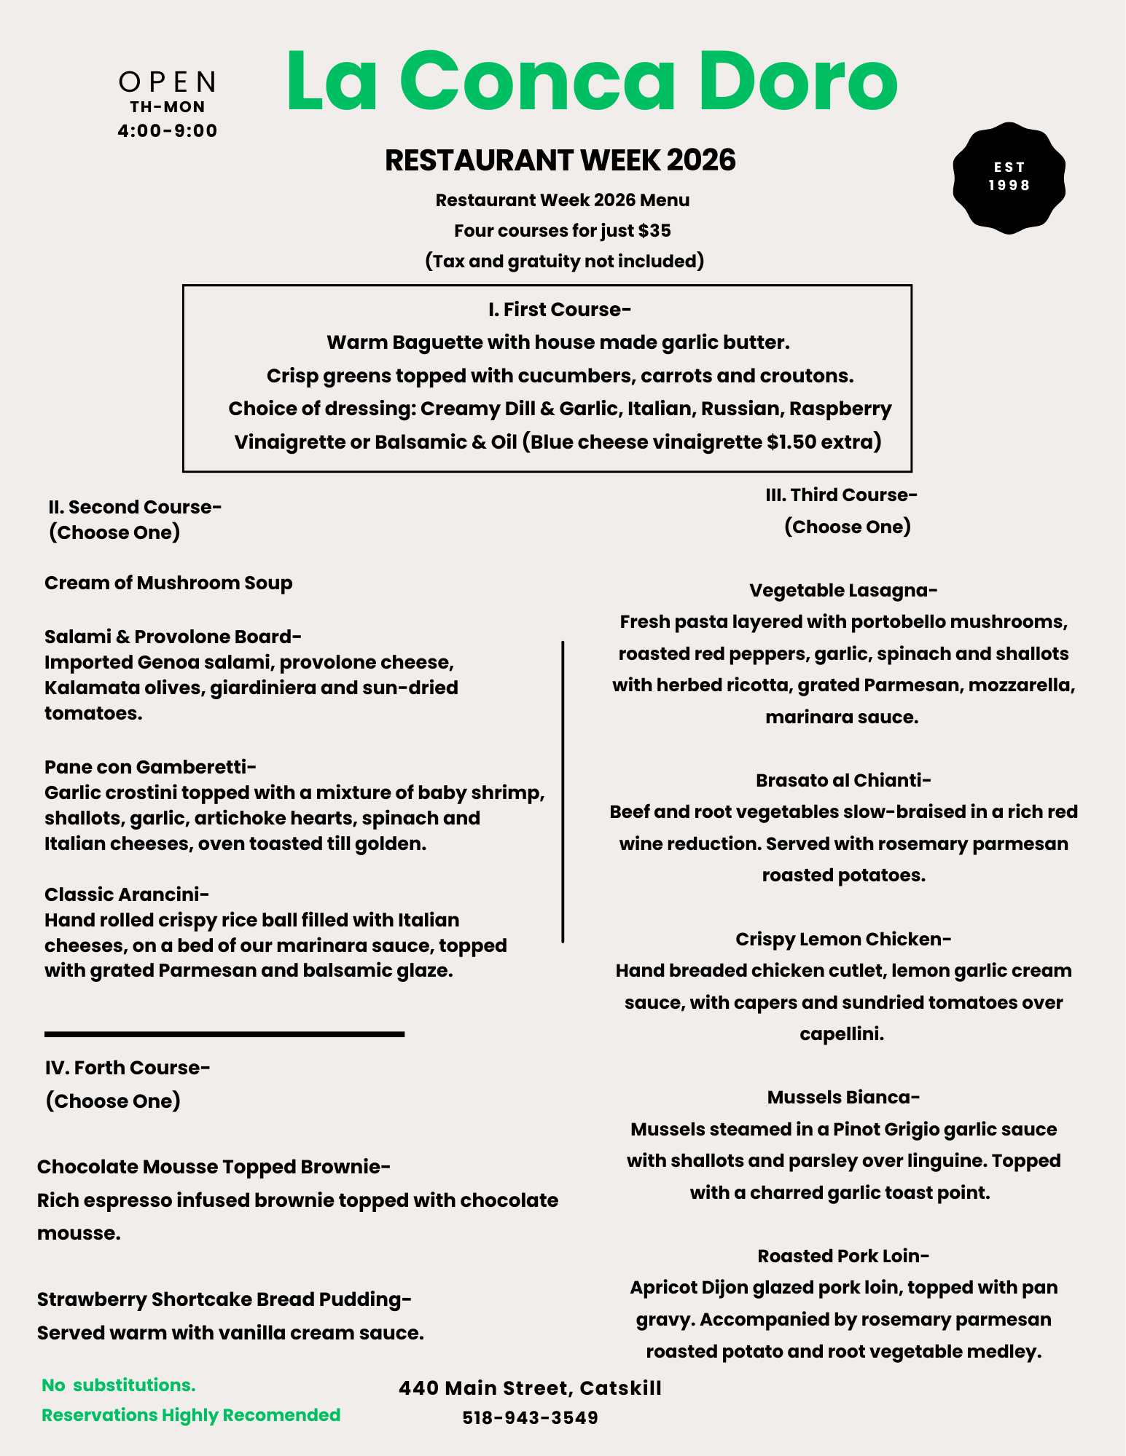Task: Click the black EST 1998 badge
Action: [x=1009, y=178]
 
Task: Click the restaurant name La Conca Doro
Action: [x=591, y=82]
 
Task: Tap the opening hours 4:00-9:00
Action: [x=168, y=131]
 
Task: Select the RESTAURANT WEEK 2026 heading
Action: [x=560, y=160]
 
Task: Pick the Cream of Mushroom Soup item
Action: [x=168, y=583]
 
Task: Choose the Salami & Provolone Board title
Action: [x=173, y=637]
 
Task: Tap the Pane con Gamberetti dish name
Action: [x=150, y=767]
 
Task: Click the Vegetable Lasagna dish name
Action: [x=843, y=590]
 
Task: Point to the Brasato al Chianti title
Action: [x=843, y=780]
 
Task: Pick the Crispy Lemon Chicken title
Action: [x=843, y=939]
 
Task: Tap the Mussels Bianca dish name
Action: [x=843, y=1097]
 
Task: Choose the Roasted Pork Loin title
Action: [x=843, y=1256]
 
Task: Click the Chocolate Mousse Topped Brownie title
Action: [x=214, y=1167]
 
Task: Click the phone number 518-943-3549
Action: [x=530, y=1417]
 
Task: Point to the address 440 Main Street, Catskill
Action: [x=530, y=1388]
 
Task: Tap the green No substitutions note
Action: [x=119, y=1385]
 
